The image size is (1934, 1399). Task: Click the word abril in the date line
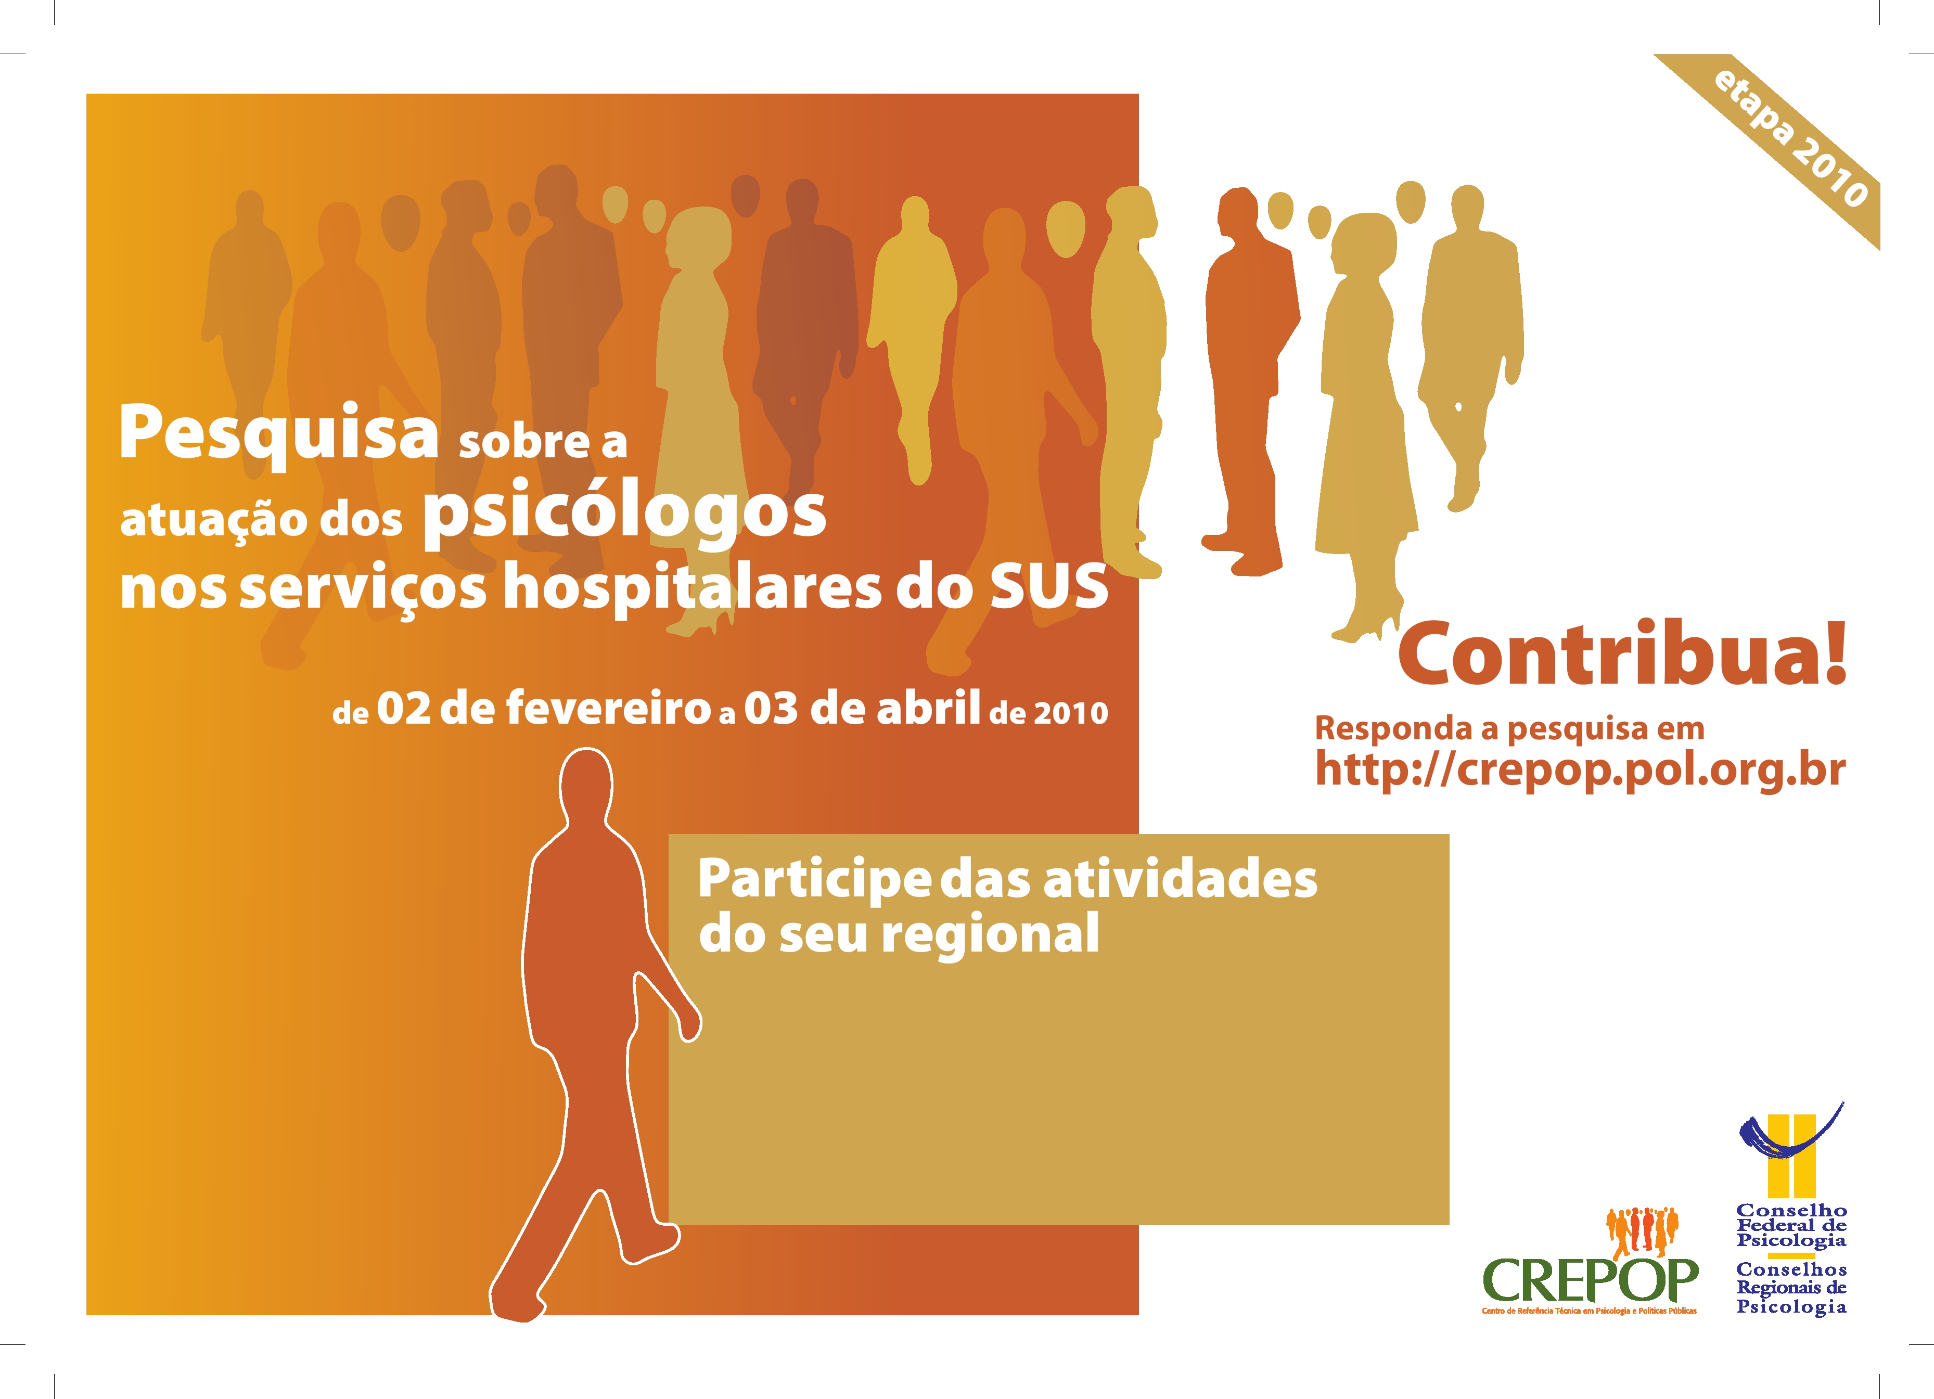(928, 708)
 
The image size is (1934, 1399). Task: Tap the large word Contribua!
(1622, 653)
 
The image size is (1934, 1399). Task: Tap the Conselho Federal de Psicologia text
(1791, 1225)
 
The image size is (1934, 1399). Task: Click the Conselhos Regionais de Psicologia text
(1791, 1288)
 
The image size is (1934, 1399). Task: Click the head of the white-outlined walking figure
(586, 785)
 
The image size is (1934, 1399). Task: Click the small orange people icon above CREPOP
(1642, 1231)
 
